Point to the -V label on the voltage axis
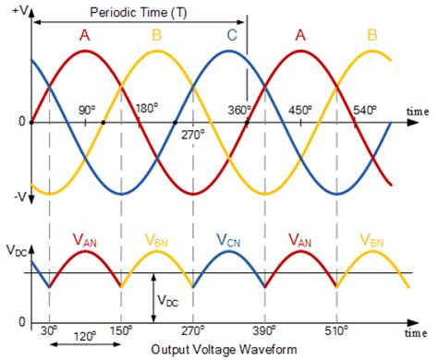16,197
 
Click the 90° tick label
87,111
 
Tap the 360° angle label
239,111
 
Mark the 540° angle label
363,111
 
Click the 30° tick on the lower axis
49,330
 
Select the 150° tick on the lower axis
121,330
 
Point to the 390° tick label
265,330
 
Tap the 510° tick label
337,330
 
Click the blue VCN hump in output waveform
229,263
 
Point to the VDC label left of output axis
16,251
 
